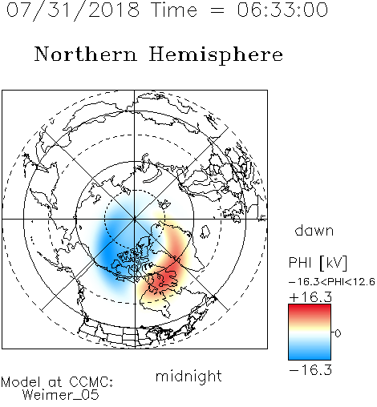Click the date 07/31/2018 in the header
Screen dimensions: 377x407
coord(73,10)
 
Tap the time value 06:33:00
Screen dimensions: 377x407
coord(282,10)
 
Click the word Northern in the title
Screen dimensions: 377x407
coord(86,54)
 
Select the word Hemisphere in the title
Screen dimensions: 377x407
coord(216,54)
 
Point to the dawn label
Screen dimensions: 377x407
coord(314,230)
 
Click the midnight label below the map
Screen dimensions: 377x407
coord(188,376)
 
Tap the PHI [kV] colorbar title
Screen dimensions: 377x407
coord(318,263)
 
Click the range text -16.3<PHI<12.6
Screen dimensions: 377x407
coord(332,282)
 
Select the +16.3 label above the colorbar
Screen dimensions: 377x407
coord(310,297)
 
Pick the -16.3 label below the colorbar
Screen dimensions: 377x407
coord(310,369)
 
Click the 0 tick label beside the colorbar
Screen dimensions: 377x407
coord(338,333)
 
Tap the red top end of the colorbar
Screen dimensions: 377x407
coord(310,308)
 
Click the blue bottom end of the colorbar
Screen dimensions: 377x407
coord(310,357)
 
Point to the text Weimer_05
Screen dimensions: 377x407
coord(61,395)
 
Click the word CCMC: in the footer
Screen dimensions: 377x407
coord(91,382)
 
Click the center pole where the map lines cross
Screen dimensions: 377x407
coord(135,219)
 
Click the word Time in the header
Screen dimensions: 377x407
coord(174,10)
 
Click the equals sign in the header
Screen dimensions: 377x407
coord(217,10)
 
